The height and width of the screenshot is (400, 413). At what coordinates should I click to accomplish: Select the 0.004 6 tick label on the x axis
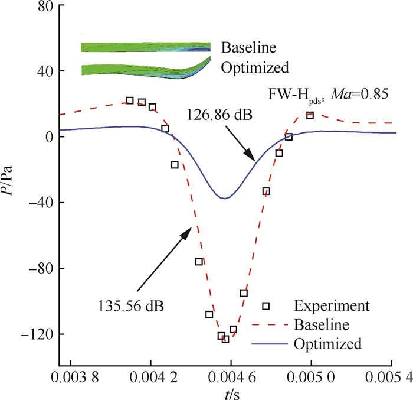click(231, 376)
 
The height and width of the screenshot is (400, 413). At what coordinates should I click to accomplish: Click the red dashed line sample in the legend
click(269, 325)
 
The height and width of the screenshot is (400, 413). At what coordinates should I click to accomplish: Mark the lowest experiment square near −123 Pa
click(225, 339)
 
